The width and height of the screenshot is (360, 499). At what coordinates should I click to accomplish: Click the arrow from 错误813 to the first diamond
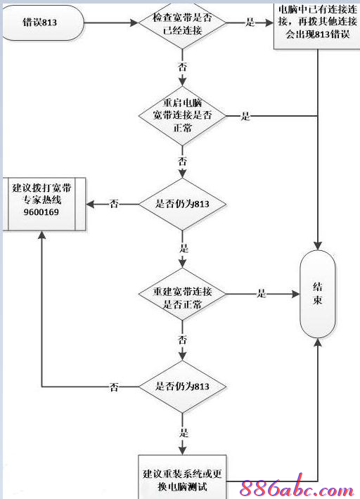105,23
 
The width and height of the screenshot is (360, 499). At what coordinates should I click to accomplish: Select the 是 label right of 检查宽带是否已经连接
250,23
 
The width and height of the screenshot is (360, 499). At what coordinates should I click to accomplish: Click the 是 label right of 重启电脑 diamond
245,117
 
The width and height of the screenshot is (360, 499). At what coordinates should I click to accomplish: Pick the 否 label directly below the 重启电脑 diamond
183,161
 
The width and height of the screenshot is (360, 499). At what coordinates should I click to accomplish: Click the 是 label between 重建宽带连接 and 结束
262,294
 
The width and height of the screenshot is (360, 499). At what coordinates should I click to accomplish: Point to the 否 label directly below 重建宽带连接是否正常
183,340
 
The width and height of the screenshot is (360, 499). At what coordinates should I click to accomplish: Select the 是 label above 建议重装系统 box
184,433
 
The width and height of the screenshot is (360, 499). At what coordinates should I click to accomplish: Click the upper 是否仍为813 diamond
183,204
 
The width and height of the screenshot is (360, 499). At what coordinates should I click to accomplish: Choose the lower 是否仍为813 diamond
183,387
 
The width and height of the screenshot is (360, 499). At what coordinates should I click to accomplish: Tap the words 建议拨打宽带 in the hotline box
41,188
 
